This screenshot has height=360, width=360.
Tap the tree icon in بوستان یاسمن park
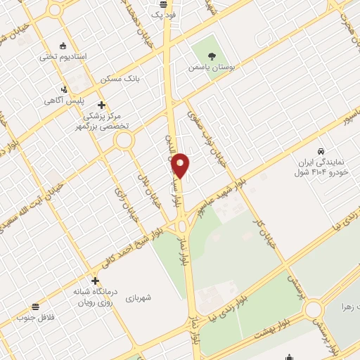(x=205, y=54)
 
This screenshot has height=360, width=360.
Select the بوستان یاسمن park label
(x=205, y=67)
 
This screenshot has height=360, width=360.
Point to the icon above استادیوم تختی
(x=64, y=44)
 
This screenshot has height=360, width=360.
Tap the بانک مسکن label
(x=121, y=78)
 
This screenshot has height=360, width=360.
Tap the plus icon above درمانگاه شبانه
(x=95, y=278)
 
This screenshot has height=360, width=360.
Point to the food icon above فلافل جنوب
(x=35, y=306)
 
